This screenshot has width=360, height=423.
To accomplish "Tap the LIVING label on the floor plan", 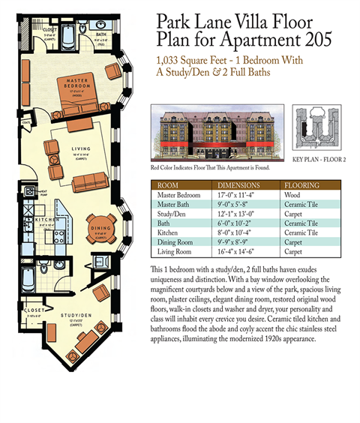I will [x=80, y=150].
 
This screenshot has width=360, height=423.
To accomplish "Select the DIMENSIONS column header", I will [x=238, y=185].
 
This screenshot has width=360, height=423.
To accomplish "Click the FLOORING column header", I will [x=303, y=185].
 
